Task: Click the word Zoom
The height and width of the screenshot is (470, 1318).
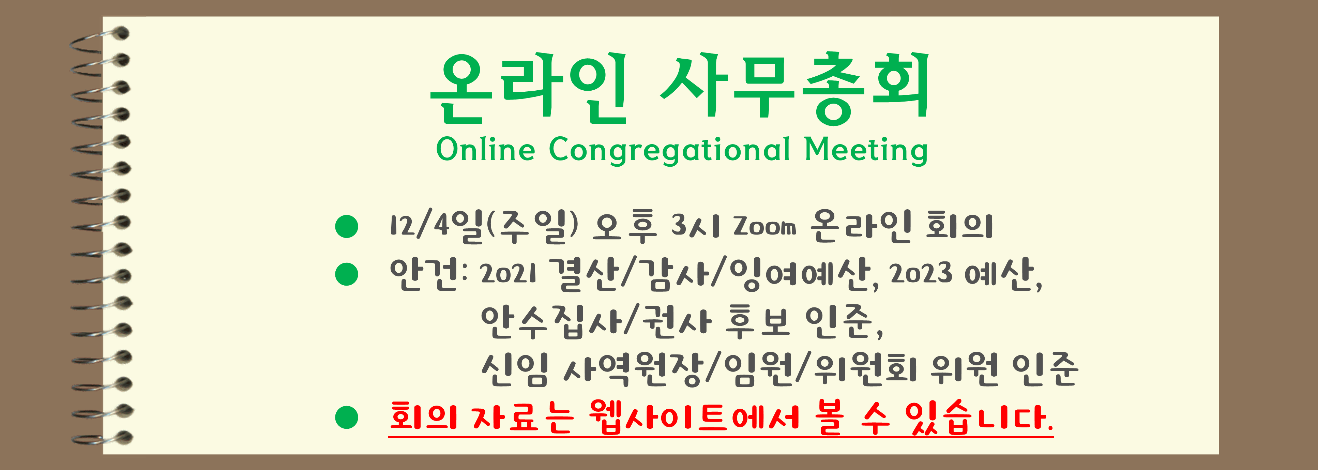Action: [764, 226]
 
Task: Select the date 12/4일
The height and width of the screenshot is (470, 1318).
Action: [436, 226]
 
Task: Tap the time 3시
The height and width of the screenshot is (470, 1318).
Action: [695, 226]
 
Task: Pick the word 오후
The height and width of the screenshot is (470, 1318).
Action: [624, 226]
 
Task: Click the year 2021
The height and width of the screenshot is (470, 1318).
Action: [508, 274]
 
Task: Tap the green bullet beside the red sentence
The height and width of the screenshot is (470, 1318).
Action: [346, 417]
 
